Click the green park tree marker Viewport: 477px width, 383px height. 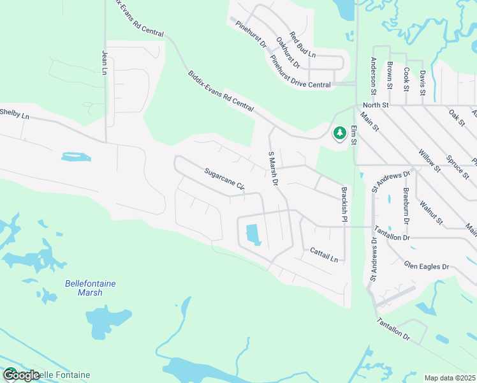(x=338, y=133)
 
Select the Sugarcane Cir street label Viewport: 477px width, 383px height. (x=224, y=179)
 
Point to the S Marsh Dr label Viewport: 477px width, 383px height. (x=273, y=169)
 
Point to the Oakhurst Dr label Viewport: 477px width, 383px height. (x=288, y=52)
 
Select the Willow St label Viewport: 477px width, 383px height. (x=429, y=160)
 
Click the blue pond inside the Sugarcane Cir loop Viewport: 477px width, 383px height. (x=253, y=234)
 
